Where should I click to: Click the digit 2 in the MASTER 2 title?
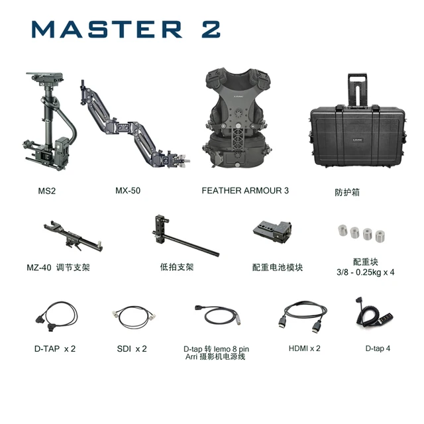[x=207, y=30]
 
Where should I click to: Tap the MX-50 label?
[x=128, y=191]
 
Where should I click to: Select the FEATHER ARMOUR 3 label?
[x=244, y=191]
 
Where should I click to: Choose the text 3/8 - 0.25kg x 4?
[x=365, y=272]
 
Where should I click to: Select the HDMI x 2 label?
[x=304, y=348]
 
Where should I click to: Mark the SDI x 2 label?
[x=131, y=348]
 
